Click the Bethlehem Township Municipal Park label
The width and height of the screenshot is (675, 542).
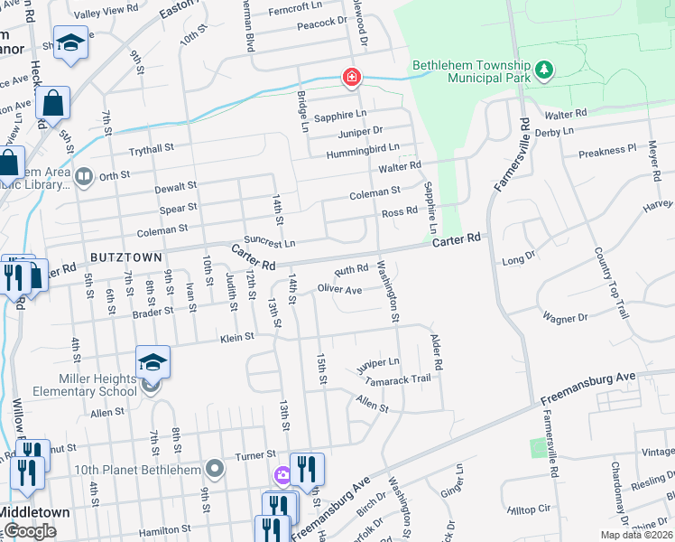(469, 72)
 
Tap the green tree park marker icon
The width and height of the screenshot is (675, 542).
(543, 70)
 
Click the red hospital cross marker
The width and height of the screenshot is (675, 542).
(351, 79)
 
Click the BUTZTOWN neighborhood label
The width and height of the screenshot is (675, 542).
(125, 257)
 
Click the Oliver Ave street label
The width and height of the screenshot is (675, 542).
(339, 290)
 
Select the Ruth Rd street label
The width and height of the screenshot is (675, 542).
(351, 269)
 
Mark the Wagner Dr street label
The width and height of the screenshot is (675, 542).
(565, 317)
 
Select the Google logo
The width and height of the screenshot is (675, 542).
(30, 531)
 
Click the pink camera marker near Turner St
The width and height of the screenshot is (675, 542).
(282, 474)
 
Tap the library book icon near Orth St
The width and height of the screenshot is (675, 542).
(84, 176)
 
